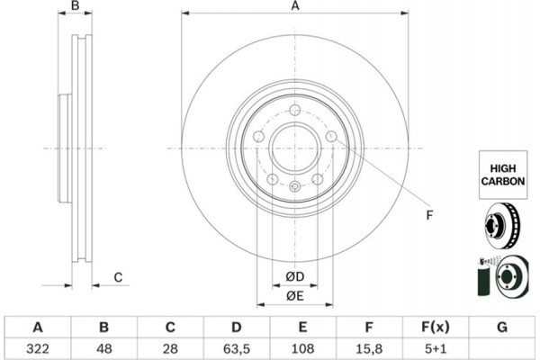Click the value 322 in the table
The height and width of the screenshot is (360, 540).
(38, 346)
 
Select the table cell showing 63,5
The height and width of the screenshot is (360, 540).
(237, 346)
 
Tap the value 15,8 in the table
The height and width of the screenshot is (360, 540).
(370, 346)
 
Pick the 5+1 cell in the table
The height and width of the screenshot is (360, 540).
(436, 346)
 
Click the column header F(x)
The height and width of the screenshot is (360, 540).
(436, 326)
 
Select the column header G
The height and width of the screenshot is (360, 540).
(501, 326)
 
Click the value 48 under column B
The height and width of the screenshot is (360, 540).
(104, 346)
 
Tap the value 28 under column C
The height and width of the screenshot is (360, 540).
(171, 346)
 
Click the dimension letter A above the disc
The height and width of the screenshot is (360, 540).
(293, 7)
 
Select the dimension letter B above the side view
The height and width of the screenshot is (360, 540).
(76, 7)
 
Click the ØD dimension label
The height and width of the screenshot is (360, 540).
(294, 274)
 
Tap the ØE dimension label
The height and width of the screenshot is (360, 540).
(294, 295)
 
